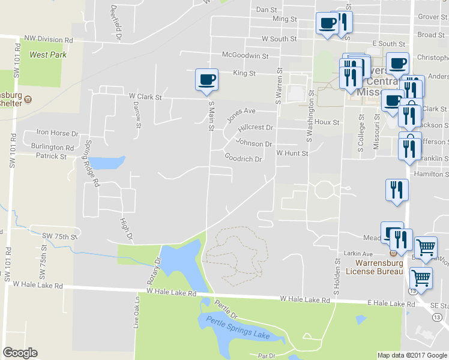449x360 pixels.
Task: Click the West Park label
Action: click(47, 55)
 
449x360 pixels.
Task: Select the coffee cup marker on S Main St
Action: click(206, 80)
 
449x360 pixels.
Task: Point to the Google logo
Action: click(20, 353)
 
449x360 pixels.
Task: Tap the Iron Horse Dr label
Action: click(58, 133)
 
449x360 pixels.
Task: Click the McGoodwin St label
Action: click(245, 56)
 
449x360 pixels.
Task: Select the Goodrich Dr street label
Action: click(243, 159)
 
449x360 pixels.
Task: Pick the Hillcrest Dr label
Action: click(255, 128)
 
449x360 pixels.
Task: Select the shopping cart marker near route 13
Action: click(421, 278)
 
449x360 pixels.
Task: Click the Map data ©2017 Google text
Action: click(412, 355)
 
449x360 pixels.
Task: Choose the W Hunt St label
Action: click(292, 154)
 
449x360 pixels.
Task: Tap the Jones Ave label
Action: click(241, 112)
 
